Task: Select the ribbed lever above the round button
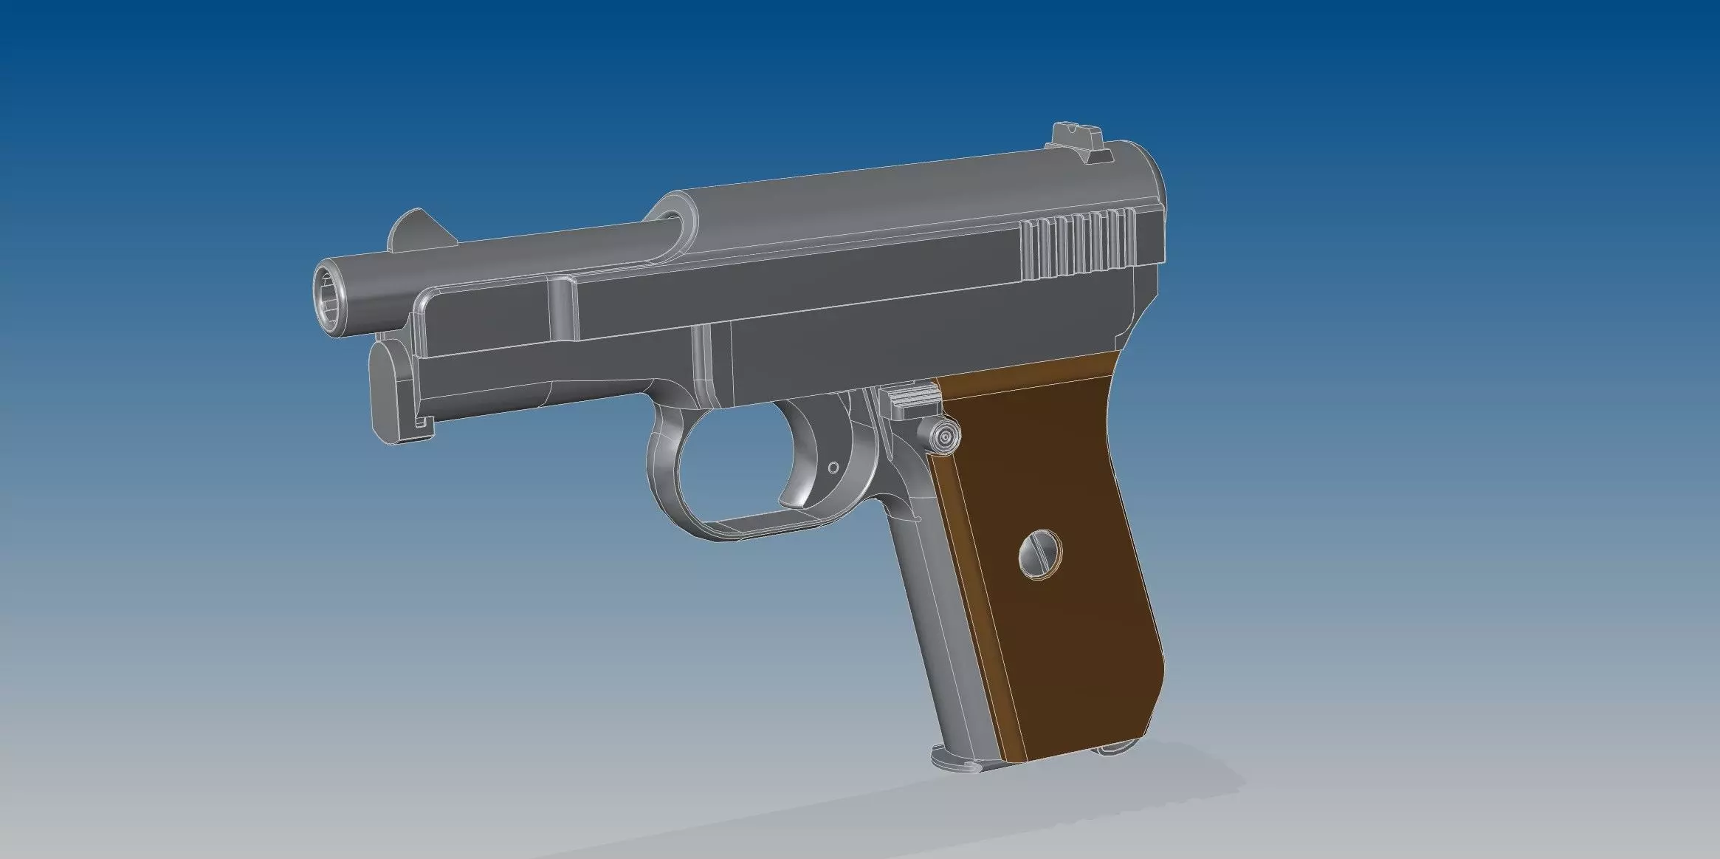coord(912,400)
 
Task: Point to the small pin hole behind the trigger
coord(834,468)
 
